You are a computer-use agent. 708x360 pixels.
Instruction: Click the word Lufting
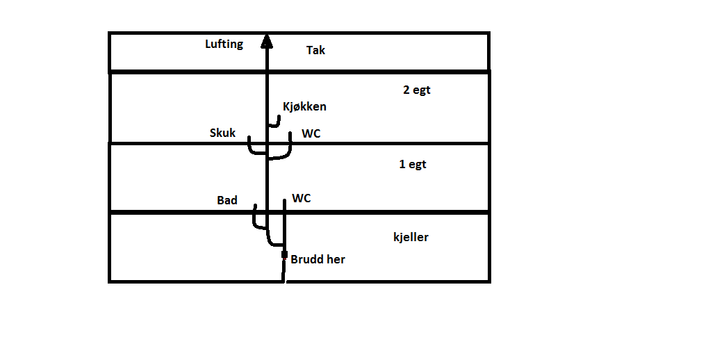(x=224, y=44)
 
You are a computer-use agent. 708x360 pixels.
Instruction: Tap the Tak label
(x=315, y=50)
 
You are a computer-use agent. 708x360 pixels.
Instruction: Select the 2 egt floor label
(x=417, y=90)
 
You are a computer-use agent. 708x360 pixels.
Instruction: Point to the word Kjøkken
(x=304, y=107)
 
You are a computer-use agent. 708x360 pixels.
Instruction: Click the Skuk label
(x=222, y=133)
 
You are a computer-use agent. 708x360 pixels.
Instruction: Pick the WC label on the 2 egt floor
(x=311, y=133)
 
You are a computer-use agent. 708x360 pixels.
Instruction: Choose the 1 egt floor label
(x=412, y=165)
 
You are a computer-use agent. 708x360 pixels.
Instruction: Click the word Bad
(x=227, y=200)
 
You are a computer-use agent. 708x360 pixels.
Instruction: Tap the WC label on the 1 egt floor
(x=302, y=199)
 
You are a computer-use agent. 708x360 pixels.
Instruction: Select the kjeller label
(x=411, y=237)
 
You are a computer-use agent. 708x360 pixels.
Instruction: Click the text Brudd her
(x=318, y=259)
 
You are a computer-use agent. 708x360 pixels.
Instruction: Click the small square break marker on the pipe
(x=284, y=255)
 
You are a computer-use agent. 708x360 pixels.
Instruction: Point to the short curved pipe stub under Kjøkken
(x=276, y=122)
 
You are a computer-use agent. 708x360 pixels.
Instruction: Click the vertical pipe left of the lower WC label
(x=285, y=222)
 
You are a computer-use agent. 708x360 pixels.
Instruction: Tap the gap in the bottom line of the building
(x=285, y=281)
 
